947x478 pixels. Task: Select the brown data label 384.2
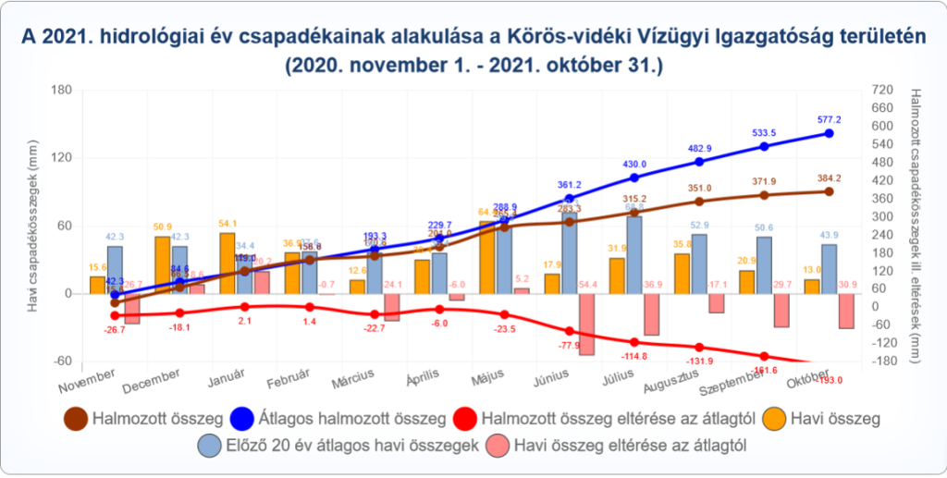click(x=830, y=178)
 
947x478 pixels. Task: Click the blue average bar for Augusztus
click(x=699, y=264)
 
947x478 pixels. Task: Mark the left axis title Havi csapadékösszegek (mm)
click(x=33, y=226)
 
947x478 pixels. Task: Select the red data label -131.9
click(x=699, y=361)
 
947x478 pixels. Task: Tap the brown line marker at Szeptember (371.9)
click(x=764, y=194)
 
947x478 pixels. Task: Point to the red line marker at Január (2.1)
click(x=245, y=306)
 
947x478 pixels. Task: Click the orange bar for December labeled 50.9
click(x=162, y=264)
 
